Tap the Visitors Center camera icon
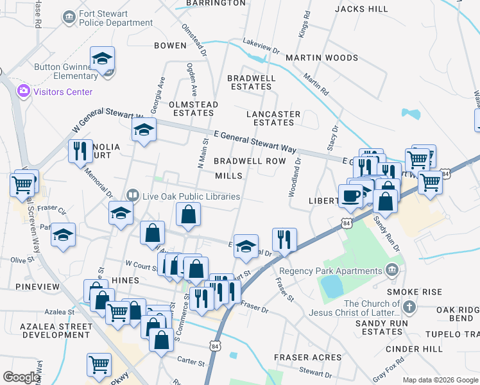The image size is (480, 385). (x=24, y=91)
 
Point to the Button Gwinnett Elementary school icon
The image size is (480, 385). (x=102, y=59)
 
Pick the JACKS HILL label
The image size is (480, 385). (x=361, y=9)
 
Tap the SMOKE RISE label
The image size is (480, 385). (x=415, y=292)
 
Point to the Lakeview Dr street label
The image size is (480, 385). (x=262, y=45)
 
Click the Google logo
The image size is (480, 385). (x=22, y=377)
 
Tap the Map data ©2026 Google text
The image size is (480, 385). (x=440, y=380)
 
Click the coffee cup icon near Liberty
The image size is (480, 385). (x=350, y=195)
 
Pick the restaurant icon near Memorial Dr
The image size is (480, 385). (x=80, y=151)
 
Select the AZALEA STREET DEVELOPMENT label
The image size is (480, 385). (x=55, y=330)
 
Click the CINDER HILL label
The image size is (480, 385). (x=414, y=348)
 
